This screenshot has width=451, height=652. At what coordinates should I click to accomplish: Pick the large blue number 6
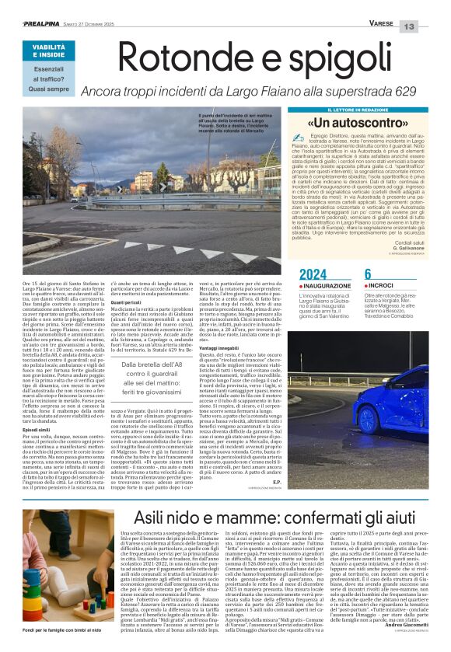pyautogui.click(x=368, y=274)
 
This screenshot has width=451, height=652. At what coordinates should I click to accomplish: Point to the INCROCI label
pyautogui.click(x=382, y=285)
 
